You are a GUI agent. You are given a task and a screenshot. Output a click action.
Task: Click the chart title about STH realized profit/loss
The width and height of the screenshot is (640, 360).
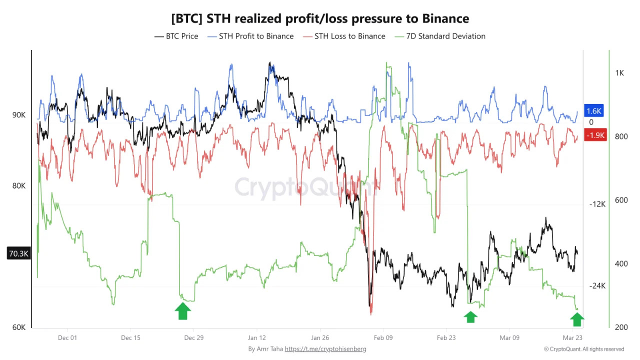point(320,18)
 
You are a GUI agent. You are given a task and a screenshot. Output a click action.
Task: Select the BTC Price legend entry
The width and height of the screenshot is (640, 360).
point(176,36)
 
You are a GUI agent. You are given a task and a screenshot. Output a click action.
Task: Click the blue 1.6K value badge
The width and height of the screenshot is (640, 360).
point(594,111)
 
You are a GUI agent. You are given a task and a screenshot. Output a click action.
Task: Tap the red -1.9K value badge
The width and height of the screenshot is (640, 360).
point(595,135)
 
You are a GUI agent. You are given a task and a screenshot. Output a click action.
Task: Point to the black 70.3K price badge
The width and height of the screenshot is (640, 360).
point(18,253)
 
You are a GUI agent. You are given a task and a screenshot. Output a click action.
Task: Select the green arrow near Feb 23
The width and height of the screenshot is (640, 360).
point(470,316)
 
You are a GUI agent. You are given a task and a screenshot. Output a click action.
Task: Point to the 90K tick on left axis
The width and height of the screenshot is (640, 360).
point(19,115)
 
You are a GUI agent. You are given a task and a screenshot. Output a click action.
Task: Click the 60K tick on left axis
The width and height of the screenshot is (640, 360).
point(19,327)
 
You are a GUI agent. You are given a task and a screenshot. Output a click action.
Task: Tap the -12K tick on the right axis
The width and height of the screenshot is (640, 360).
point(597,204)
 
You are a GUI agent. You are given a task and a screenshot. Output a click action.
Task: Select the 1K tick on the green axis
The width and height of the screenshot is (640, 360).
point(619,73)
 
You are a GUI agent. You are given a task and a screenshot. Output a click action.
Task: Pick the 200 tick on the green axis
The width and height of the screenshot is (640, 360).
point(621,327)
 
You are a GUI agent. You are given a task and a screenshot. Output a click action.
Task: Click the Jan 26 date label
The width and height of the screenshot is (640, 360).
point(320,337)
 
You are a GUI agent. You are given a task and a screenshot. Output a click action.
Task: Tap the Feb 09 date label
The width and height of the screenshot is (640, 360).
point(383,337)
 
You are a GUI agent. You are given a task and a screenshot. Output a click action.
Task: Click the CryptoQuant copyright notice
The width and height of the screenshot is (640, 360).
point(584,349)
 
